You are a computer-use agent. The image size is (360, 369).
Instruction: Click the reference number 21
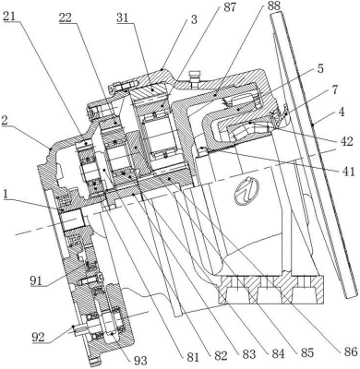pos(10,16)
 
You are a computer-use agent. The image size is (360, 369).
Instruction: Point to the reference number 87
pos(229,7)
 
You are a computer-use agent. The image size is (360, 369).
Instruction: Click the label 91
pos(37,280)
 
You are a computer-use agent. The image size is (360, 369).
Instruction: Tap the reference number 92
pos(39,337)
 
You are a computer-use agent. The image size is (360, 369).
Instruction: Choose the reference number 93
pos(140,360)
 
